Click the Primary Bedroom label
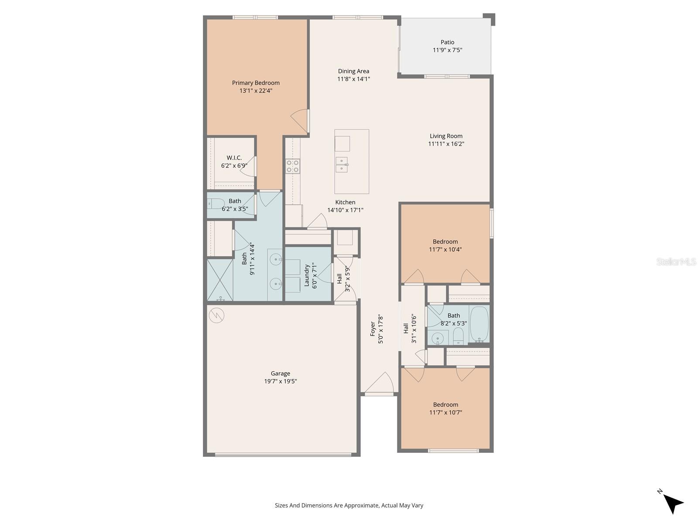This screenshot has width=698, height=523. pos(256,83)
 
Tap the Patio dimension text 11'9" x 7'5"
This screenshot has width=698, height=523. pos(447,50)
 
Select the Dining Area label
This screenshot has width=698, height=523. pos(353,71)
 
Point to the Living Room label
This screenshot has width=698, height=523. pos(446,136)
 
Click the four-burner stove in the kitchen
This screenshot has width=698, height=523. pos(293,166)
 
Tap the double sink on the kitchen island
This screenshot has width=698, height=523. pos(342,165)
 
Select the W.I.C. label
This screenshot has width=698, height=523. pos(234,158)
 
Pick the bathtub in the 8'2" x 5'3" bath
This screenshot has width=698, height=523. pos(479,324)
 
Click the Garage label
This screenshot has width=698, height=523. pos(280,374)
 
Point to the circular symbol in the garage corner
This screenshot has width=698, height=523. pos(216,315)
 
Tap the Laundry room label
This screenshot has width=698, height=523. pos(307,275)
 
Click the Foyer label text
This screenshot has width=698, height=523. pos(373,329)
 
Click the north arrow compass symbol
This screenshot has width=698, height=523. pos(673,504)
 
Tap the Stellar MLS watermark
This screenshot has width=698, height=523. pos(676,262)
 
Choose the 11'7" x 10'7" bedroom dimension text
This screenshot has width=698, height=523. pos(445,412)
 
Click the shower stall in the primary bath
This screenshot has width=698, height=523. pos(220,280)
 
